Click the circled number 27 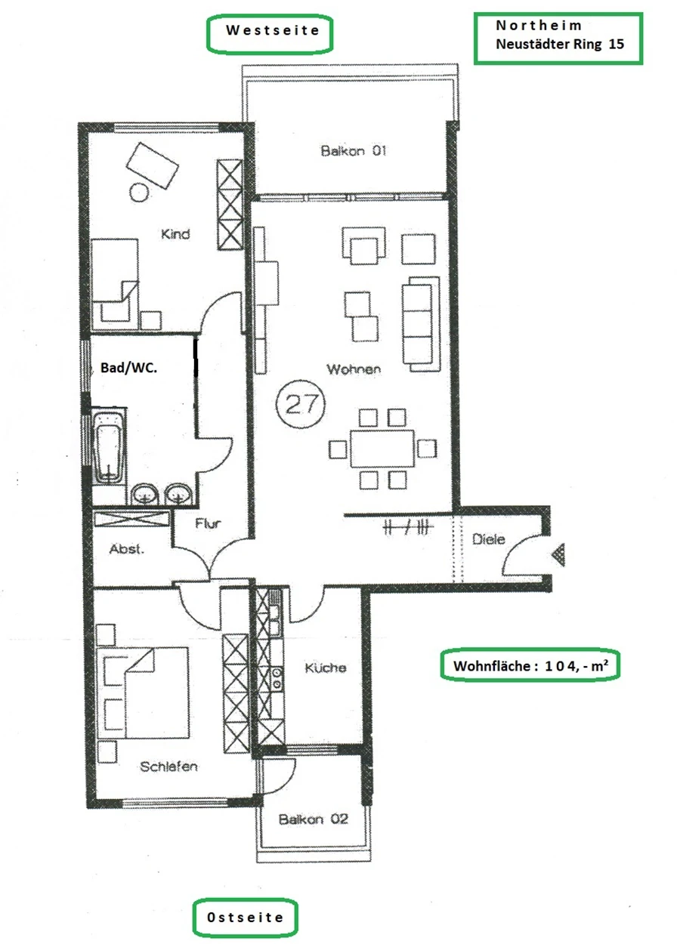301,403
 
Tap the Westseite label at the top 273,30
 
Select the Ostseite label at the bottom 245,917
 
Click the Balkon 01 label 354,150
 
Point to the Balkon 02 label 314,819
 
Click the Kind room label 175,234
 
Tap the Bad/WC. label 128,368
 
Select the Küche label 326,667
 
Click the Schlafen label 168,767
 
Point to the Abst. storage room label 126,549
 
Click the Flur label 208,523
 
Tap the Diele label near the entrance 489,539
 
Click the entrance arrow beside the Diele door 559,554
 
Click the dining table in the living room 382,449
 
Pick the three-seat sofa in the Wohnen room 421,324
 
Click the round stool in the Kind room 139,193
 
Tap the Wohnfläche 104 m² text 530,665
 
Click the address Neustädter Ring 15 560,44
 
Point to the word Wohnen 354,369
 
